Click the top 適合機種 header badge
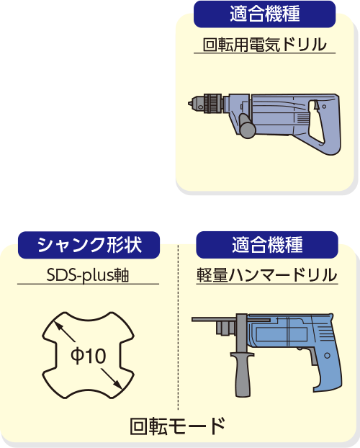264,14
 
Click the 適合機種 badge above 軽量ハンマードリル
267,245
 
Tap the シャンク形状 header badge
89,245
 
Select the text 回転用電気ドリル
264,45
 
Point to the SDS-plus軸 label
88,275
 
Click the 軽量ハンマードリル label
267,275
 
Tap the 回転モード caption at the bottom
178,426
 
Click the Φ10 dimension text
89,356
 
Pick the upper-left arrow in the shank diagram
65,331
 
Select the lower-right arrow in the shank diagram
112,379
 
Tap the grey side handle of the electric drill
247,126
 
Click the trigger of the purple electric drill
316,105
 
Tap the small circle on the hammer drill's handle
327,356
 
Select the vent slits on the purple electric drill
303,117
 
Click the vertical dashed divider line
178,327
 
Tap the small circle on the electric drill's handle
324,107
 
